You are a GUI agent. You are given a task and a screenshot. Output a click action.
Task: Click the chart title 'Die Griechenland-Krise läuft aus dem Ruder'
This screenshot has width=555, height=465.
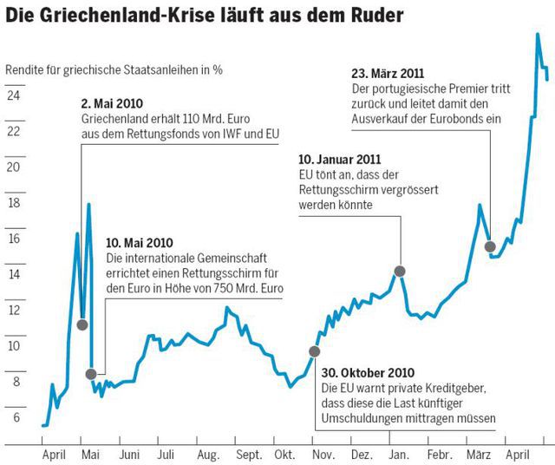pyautogui.click(x=203, y=16)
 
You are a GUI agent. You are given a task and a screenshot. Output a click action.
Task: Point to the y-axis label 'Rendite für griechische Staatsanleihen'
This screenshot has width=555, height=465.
pyautogui.click(x=113, y=69)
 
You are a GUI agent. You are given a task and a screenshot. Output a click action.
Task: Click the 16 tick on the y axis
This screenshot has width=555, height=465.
pyautogui.click(x=13, y=238)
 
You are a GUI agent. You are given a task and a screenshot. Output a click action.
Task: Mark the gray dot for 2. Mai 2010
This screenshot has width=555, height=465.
pyautogui.click(x=82, y=324)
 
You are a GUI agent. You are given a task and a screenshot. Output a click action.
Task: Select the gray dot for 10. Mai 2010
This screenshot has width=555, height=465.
pyautogui.click(x=92, y=374)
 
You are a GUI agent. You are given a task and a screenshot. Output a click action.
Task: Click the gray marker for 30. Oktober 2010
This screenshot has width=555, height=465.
pyautogui.click(x=314, y=351)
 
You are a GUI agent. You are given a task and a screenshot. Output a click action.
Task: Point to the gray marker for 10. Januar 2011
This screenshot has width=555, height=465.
pyautogui.click(x=400, y=272)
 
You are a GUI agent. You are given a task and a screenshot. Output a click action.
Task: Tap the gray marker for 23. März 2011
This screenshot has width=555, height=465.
pyautogui.click(x=490, y=246)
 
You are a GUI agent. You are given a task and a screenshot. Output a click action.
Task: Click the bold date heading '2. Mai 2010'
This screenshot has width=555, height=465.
pyautogui.click(x=111, y=102)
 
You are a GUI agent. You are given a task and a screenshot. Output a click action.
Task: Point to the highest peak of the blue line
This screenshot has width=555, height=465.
pyautogui.click(x=538, y=34)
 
